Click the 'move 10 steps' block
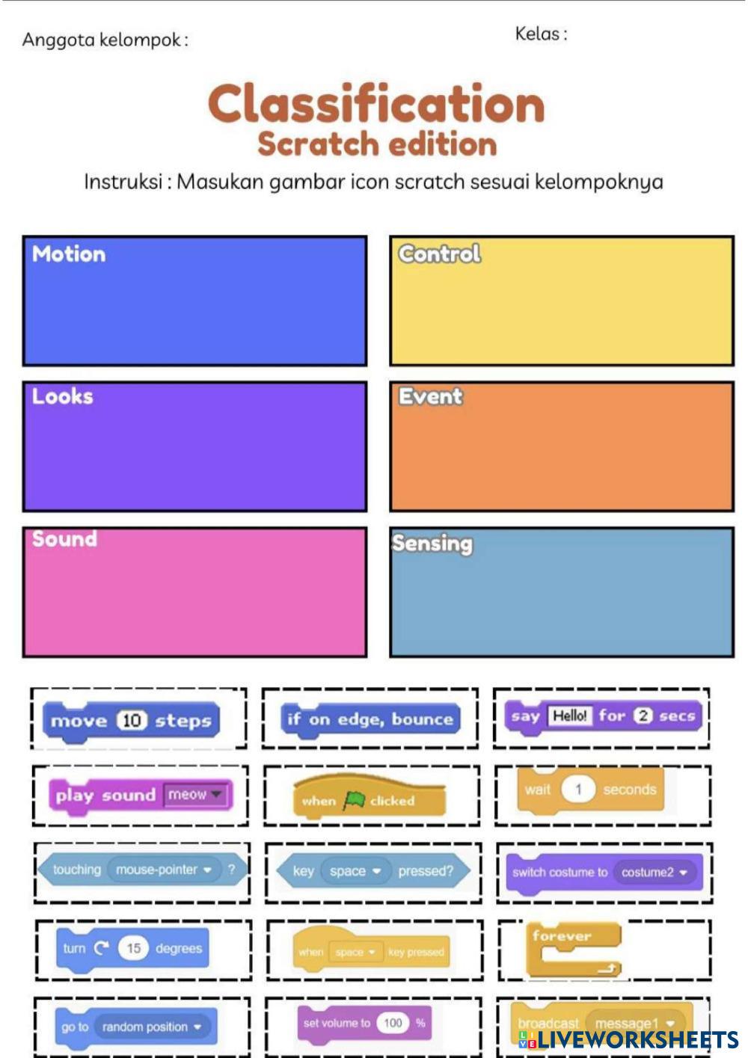pos(131,720)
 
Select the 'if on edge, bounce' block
pos(370,719)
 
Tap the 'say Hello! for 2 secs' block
pos(602,716)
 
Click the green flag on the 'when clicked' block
pos(353,801)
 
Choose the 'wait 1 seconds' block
pos(590,790)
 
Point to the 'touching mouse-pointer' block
pos(142,870)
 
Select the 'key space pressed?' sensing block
pos(373,871)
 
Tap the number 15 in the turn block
pos(133,948)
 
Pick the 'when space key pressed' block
pos(371,952)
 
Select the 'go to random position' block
pos(135,1027)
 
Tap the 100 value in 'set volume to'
pos(393,1023)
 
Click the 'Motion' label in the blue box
pos(69,254)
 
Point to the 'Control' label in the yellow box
pos(439,254)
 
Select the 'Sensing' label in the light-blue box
pos(432,544)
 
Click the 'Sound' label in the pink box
pos(64,539)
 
